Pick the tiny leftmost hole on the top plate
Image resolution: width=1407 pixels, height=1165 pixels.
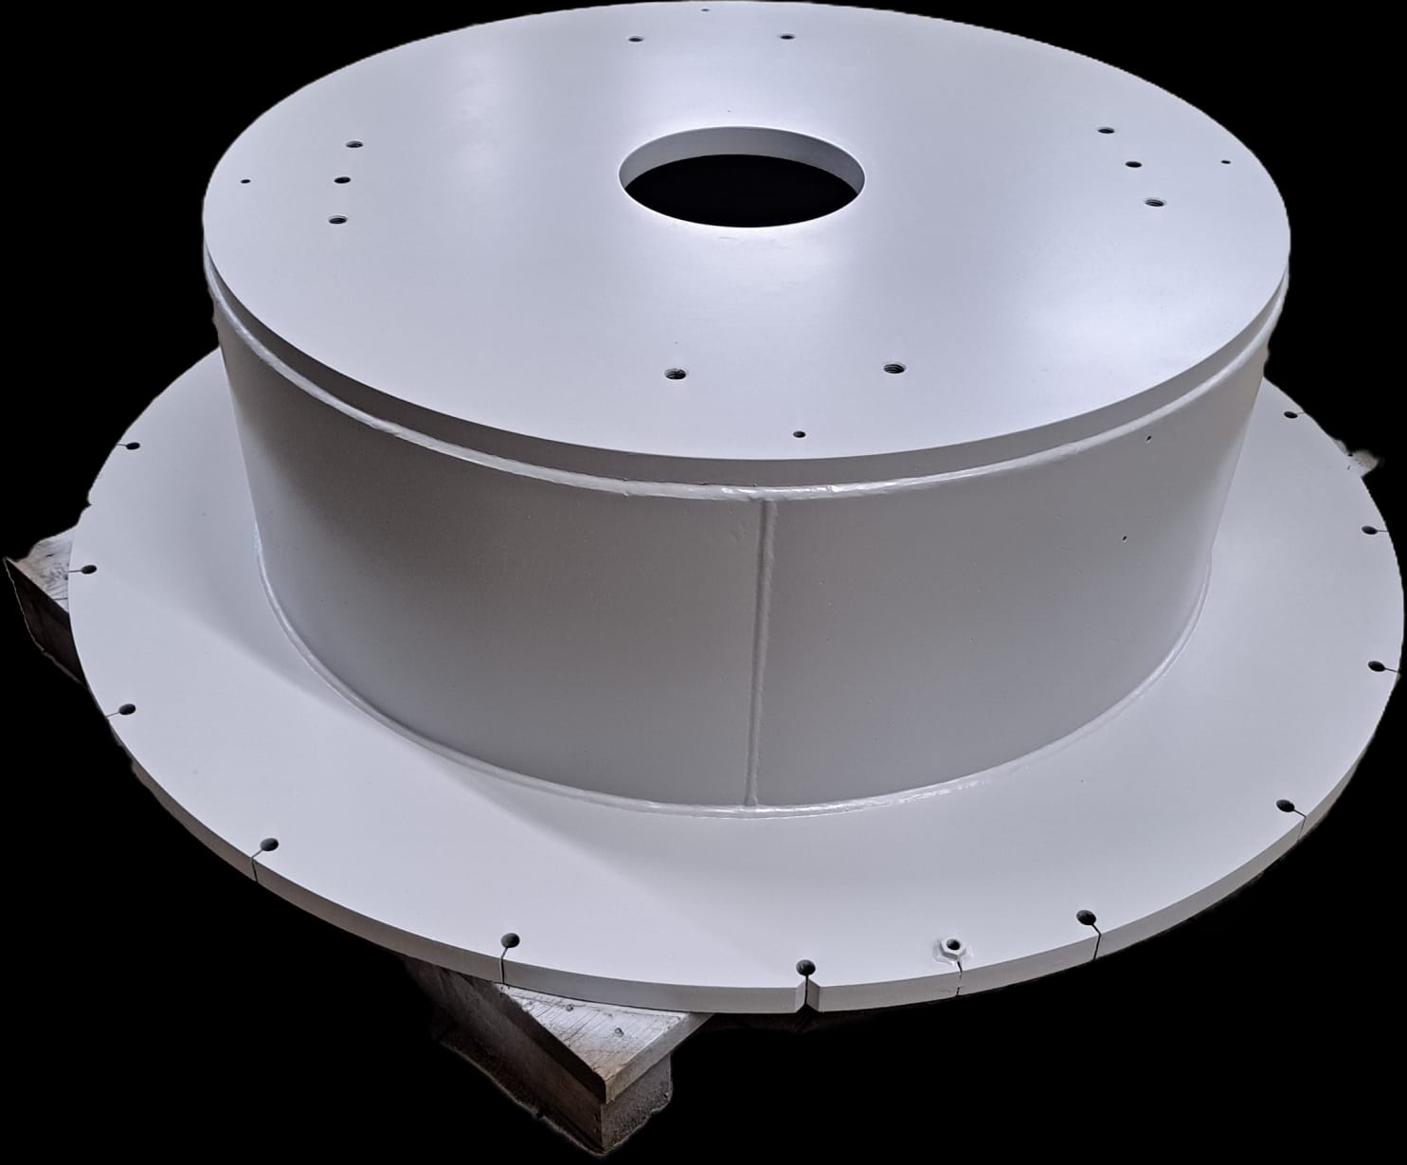coord(246,180)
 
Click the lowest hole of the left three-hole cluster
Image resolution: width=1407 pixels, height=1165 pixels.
coord(334,219)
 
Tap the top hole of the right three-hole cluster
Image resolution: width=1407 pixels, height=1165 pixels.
coord(1104,130)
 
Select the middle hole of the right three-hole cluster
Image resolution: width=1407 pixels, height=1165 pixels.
coord(1131,164)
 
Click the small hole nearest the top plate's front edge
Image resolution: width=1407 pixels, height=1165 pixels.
coord(800,434)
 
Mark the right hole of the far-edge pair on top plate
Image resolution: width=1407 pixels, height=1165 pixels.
coord(785,37)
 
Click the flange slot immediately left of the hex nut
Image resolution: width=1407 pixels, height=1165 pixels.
coord(805,968)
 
